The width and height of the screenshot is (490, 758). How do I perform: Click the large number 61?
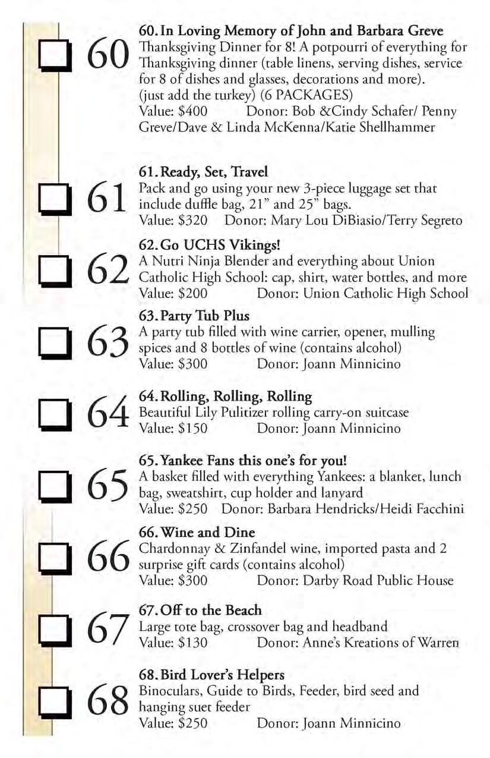(x=106, y=197)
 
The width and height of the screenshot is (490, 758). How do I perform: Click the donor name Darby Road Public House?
(x=378, y=580)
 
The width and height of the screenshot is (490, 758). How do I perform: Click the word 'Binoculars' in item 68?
(x=165, y=691)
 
